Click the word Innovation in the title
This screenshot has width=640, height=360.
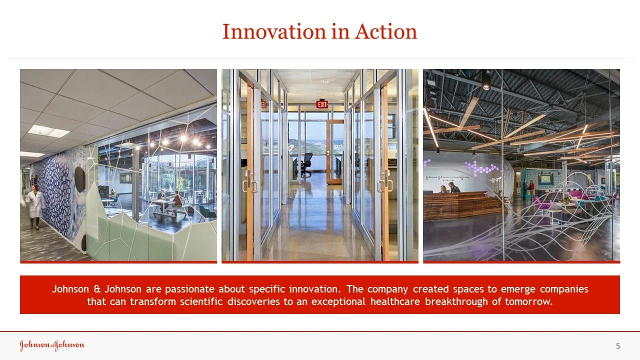[274, 31]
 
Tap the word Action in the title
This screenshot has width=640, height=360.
[386, 31]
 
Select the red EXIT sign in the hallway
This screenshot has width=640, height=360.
[322, 104]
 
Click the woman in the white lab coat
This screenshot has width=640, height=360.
[35, 207]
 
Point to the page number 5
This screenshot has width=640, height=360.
[618, 346]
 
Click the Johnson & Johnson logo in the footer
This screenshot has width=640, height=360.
[52, 345]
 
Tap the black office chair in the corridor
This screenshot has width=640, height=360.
[305, 165]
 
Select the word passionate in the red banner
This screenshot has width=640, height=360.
[189, 289]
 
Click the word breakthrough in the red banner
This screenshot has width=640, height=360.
[456, 301]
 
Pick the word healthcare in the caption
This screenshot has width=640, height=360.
[395, 301]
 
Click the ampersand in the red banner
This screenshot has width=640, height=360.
[97, 289]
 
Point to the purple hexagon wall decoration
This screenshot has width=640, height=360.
[481, 168]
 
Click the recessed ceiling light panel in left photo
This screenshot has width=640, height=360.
[48, 131]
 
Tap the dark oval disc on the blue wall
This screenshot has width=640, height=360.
[79, 179]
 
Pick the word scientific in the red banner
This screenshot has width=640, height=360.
[201, 301]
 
